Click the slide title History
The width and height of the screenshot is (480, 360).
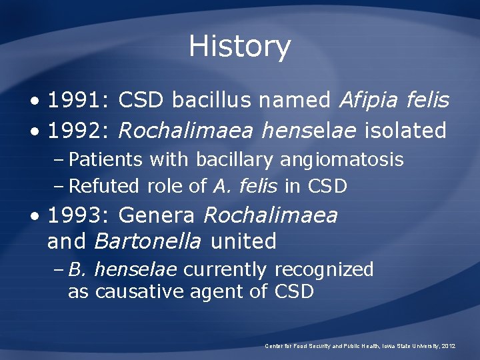[x=239, y=47]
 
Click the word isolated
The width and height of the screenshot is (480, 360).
[x=405, y=131]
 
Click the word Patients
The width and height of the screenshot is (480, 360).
[x=105, y=160]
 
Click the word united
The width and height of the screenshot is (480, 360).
[x=243, y=241]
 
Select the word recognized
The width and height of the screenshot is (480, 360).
[x=324, y=270]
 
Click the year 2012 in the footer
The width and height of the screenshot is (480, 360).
[x=448, y=346]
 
